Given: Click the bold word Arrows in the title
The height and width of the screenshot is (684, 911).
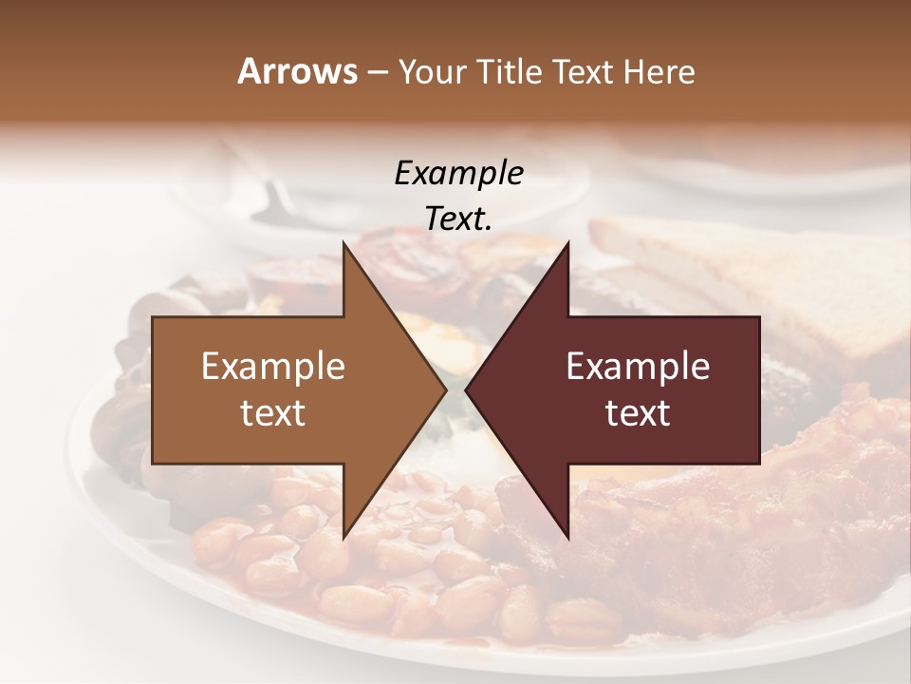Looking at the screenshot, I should [296, 71].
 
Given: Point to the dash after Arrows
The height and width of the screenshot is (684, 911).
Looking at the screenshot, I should [377, 73].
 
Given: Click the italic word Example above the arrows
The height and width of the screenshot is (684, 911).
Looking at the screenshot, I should [458, 173].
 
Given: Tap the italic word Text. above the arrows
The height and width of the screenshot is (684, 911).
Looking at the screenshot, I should [458, 219].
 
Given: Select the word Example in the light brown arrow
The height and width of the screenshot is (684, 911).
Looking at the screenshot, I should [273, 367].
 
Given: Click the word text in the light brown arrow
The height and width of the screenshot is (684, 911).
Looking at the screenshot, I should [273, 413].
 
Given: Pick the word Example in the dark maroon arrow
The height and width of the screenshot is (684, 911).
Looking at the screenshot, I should [638, 367].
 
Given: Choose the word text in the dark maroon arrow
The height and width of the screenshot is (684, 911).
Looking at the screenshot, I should [638, 413].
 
